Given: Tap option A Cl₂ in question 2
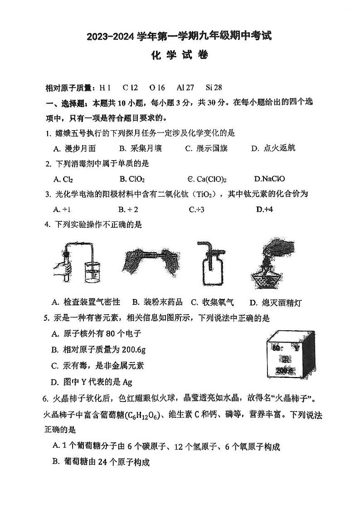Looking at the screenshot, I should pos(63,179).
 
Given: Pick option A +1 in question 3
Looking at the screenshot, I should pos(62,209).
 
